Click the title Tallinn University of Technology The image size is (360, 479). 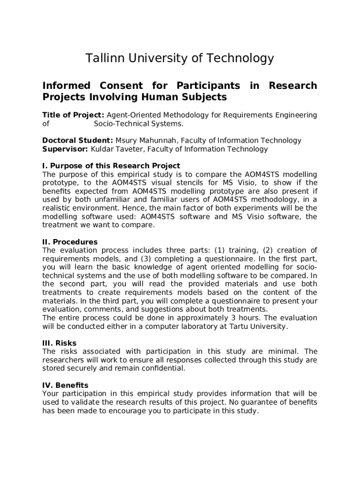pyautogui.click(x=180, y=58)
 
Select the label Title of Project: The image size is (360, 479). pyautogui.click(x=73, y=115)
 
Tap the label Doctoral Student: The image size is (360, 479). pyautogui.click(x=78, y=140)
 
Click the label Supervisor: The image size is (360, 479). pyautogui.click(x=65, y=149)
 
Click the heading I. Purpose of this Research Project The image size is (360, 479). pyautogui.click(x=111, y=166)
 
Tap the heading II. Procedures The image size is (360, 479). pyautogui.click(x=70, y=242)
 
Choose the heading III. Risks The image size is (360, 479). pyautogui.click(x=59, y=343)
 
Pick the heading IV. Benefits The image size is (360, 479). pyautogui.click(x=65, y=385)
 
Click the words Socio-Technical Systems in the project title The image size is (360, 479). pyautogui.click(x=138, y=124)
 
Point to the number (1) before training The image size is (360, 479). pyautogui.click(x=220, y=250)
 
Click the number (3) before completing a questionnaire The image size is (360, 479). pyautogui.click(x=145, y=259)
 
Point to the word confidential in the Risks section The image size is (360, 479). pyautogui.click(x=162, y=368)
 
